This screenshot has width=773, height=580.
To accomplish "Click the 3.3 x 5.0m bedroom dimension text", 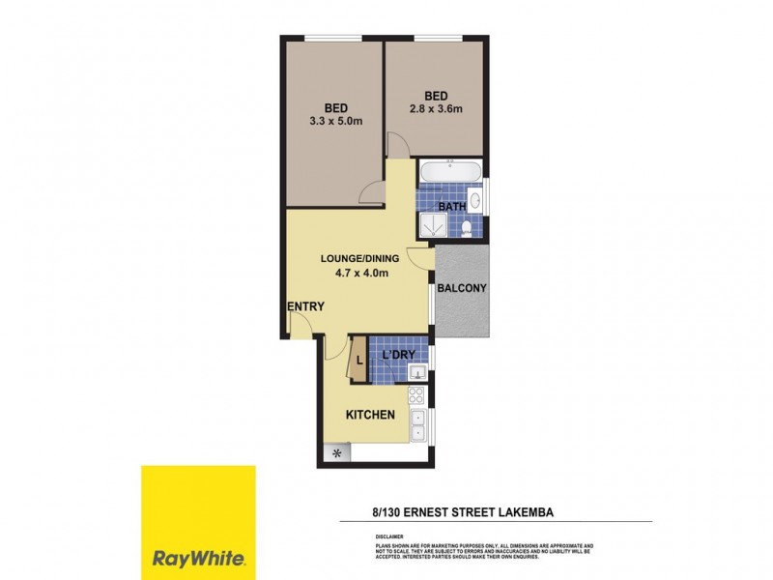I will click(336, 122).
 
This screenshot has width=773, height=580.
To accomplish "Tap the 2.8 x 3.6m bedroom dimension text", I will click(437, 109).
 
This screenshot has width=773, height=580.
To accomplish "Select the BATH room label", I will click(452, 206).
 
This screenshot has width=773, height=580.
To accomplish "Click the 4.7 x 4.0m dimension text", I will click(355, 274).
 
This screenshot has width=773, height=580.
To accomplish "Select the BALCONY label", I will click(461, 288).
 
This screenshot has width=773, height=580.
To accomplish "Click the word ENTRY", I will click(305, 306).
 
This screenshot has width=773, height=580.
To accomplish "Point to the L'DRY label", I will click(398, 355).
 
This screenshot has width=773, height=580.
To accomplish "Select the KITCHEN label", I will click(371, 415).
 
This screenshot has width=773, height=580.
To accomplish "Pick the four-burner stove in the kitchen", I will click(416, 394).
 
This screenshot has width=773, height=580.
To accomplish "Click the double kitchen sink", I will click(417, 425).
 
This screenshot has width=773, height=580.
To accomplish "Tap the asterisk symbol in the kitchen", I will click(336, 452).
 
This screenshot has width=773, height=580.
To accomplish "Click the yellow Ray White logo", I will click(199, 522).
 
